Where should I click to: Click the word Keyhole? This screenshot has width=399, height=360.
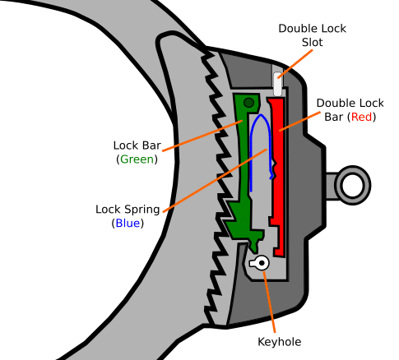[x=280, y=342]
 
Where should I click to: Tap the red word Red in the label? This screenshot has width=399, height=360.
[x=361, y=117]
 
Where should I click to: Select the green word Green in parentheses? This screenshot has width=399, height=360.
[x=137, y=159]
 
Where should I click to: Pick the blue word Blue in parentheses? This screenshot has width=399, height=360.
[x=128, y=224]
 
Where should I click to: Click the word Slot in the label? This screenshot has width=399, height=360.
[x=313, y=42]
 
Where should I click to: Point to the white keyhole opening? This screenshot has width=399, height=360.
[x=259, y=263]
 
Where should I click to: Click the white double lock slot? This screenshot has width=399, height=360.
[x=278, y=84]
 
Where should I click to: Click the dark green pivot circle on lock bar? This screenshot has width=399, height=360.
[x=248, y=103]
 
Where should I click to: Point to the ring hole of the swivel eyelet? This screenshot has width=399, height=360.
[x=352, y=185]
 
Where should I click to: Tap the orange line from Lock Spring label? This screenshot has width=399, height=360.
[x=215, y=180]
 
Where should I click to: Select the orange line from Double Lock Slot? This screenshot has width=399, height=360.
[x=295, y=63]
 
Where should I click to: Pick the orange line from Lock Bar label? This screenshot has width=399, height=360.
[x=202, y=136]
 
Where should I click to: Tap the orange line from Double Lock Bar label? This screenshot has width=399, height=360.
[x=299, y=121]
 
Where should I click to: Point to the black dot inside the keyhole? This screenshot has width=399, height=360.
[x=262, y=263]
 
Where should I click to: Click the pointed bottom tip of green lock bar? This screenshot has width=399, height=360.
[x=254, y=252]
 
